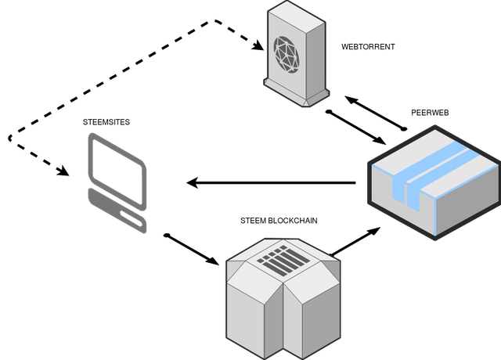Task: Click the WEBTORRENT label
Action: [x=368, y=47]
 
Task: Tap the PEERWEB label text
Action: [x=430, y=113]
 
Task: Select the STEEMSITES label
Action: [x=106, y=122]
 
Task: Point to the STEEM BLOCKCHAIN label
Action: [x=279, y=221]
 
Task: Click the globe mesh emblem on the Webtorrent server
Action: [x=287, y=54]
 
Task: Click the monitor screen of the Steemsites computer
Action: [x=117, y=171]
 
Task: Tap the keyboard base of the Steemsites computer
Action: [x=117, y=211]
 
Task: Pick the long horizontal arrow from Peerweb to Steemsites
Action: [x=272, y=183]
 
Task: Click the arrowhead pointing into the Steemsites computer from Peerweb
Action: [x=193, y=183]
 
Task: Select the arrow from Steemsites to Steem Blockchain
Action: [x=191, y=250]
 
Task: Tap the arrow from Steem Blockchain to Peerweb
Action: [x=355, y=242]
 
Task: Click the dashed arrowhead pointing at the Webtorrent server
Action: [x=258, y=45]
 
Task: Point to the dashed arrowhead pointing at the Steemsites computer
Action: [x=63, y=171]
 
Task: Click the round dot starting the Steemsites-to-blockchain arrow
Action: [x=167, y=236]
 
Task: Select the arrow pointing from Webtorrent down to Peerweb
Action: [x=356, y=128]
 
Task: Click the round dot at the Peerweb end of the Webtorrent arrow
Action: [x=404, y=128]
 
